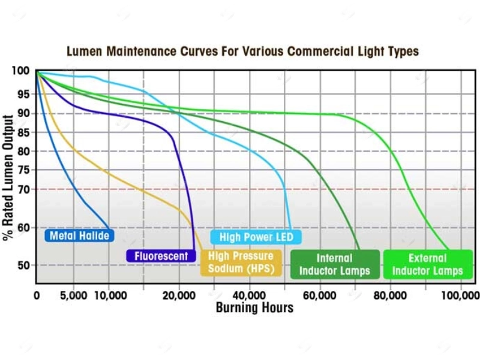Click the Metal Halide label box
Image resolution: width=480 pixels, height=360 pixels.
pyautogui.click(x=79, y=236)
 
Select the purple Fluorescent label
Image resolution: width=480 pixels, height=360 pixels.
pyautogui.click(x=161, y=256)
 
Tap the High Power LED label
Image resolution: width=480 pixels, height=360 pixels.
pyautogui.click(x=256, y=238)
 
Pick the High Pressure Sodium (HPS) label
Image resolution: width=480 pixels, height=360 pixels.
pyautogui.click(x=240, y=263)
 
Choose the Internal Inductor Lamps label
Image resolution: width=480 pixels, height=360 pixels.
pyautogui.click(x=334, y=265)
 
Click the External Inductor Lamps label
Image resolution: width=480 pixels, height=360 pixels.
pyautogui.click(x=427, y=265)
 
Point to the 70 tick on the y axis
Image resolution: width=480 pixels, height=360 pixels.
pyautogui.click(x=22, y=190)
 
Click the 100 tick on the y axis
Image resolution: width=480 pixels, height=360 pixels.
pyautogui.click(x=20, y=71)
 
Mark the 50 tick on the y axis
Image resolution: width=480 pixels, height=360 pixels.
pyautogui.click(x=22, y=265)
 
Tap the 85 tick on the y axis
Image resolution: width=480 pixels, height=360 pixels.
pyautogui.click(x=22, y=133)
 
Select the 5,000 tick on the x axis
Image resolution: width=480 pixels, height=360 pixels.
pyautogui.click(x=73, y=295)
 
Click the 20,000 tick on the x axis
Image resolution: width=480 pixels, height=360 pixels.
pyautogui.click(x=178, y=295)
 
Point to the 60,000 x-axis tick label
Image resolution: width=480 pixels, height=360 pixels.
pyautogui.click(x=320, y=295)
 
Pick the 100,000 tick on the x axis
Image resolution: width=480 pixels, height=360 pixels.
pyautogui.click(x=461, y=295)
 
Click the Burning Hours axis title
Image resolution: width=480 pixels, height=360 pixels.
pyautogui.click(x=254, y=308)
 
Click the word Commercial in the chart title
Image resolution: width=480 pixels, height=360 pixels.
pyautogui.click(x=319, y=51)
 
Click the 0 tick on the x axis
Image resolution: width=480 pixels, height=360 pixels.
pyautogui.click(x=37, y=295)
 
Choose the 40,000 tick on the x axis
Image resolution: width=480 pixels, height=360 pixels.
pyautogui.click(x=249, y=295)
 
